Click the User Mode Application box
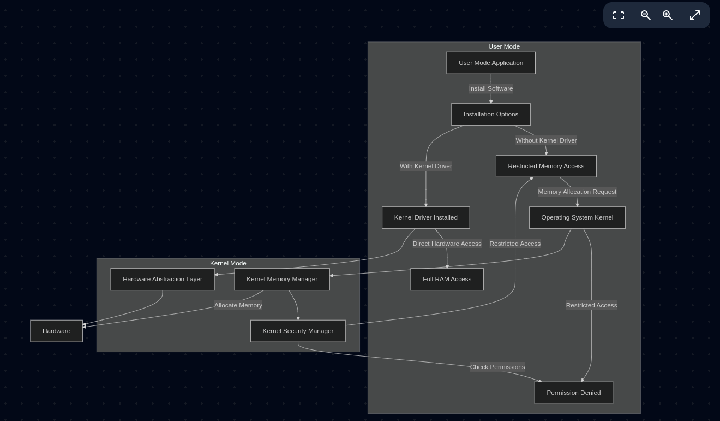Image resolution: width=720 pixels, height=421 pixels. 491,63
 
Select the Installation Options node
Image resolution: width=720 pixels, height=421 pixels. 491,114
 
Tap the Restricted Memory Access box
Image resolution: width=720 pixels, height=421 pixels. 546,166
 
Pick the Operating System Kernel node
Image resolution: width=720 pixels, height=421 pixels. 577,217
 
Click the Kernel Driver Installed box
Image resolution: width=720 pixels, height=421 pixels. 425,217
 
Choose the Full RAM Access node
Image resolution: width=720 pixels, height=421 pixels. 447,279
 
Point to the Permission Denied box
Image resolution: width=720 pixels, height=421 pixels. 573,393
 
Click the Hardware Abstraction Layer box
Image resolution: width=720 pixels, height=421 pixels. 163,279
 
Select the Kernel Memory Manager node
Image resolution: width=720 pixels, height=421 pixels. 282,279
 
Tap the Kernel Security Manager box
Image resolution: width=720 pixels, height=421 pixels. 298,331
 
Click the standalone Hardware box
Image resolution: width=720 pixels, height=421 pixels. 56,331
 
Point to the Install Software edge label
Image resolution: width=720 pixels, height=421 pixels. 491,88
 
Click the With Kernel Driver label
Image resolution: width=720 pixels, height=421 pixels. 426,166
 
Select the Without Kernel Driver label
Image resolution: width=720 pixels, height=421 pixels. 546,140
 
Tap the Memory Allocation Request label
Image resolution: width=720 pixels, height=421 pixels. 577,192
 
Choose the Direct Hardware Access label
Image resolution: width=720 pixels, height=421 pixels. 447,244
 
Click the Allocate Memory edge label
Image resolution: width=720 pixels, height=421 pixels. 238,305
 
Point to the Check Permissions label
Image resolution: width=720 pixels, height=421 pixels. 497,367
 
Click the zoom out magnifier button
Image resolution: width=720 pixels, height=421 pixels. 645,15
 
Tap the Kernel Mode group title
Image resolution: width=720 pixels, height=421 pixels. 228,263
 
